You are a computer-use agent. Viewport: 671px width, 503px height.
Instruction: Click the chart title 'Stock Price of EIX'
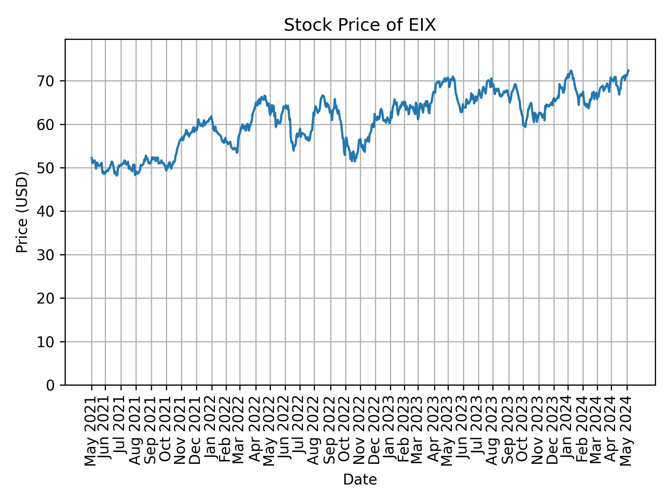tap(360, 25)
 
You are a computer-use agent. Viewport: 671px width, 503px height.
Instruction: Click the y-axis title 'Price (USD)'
tap(22, 212)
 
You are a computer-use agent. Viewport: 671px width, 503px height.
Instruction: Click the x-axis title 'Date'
tap(360, 480)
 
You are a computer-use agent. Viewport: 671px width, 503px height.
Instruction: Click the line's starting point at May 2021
tap(92, 158)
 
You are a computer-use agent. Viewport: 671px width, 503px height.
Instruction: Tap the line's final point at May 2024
tap(629, 70)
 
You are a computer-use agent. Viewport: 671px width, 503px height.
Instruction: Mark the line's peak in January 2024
tap(571, 71)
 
